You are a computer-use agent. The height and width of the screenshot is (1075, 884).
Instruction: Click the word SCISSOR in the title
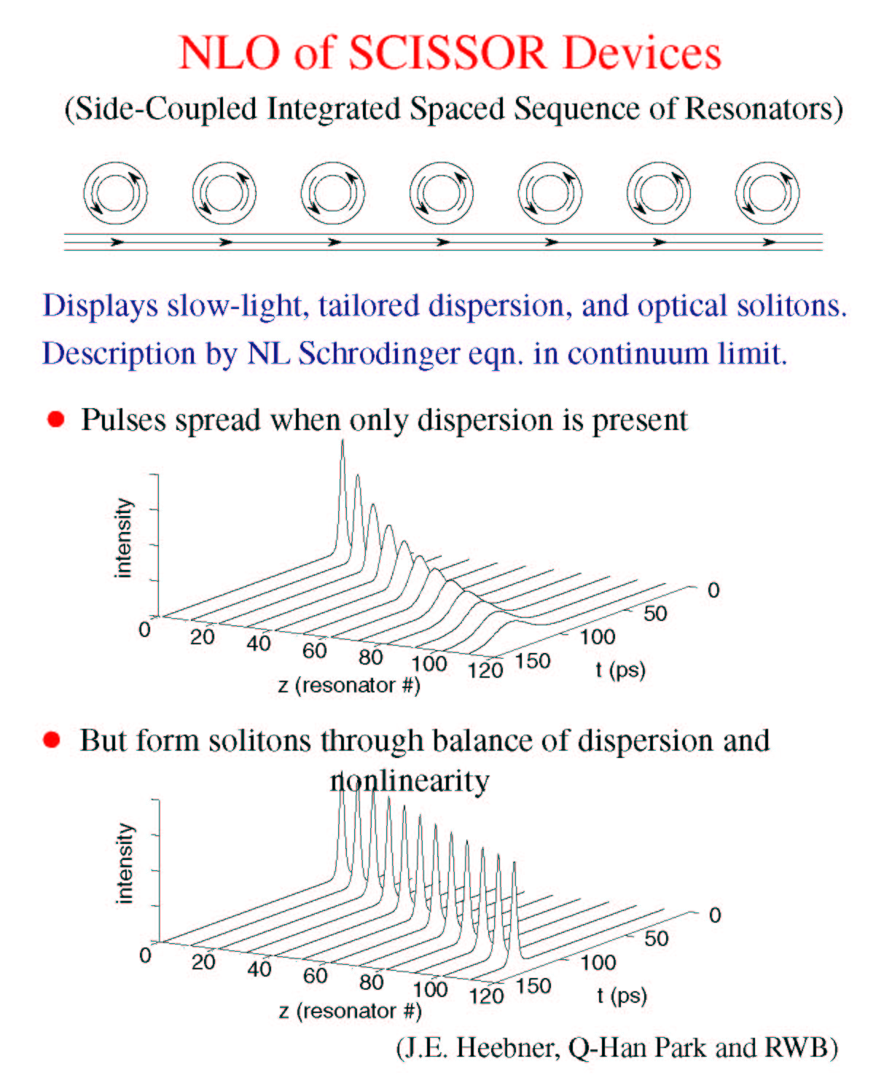pos(447,53)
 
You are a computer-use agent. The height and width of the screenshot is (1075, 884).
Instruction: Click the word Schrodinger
pos(379,353)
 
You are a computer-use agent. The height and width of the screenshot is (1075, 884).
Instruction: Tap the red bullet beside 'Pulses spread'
pos(55,419)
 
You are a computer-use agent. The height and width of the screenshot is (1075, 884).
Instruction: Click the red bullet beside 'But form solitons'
pos(52,740)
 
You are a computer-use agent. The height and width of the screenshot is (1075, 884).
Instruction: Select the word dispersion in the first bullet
pos(485,421)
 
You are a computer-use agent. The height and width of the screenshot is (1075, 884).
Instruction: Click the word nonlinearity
pos(410,781)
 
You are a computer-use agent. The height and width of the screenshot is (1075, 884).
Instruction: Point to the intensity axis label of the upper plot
pos(123,538)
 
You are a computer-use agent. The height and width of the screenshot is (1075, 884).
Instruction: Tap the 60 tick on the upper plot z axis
pos(314,651)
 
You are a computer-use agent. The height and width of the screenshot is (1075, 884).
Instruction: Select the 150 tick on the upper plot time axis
pos(533,661)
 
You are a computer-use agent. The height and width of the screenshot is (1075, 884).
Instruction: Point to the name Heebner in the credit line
pos(506,1048)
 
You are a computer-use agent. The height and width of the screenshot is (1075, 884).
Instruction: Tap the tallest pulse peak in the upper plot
pos(343,441)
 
